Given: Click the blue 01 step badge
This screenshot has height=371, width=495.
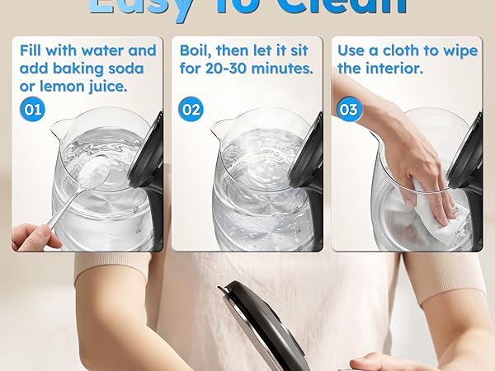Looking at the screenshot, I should tap(33, 109).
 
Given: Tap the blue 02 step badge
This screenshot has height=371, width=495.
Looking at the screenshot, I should tap(191, 109).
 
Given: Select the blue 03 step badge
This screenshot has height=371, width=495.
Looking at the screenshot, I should tap(349, 109).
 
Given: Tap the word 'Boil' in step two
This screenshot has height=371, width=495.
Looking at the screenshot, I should tap(197, 50).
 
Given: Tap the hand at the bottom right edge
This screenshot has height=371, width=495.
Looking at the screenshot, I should tap(379, 361).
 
